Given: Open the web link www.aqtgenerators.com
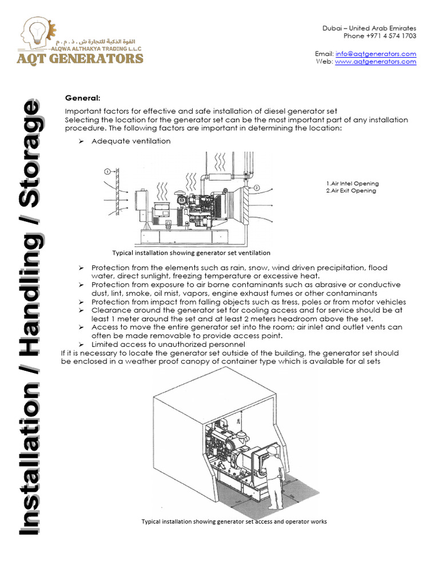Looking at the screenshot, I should (x=376, y=62).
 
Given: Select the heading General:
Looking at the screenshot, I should (x=82, y=98).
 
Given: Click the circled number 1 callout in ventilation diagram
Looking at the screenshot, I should (x=107, y=171).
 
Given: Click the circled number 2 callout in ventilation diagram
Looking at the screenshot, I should (x=257, y=187).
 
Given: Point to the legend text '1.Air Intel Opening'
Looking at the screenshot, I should (x=352, y=183).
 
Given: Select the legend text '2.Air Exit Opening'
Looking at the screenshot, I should (x=351, y=191).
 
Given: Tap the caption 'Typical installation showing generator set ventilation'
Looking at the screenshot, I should (x=191, y=253).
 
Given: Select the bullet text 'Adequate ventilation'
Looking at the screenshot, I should (x=131, y=141).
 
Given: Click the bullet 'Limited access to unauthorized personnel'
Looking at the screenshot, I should (x=160, y=344).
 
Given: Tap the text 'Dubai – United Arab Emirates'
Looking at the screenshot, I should (x=369, y=28).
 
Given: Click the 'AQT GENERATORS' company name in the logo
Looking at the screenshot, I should (x=82, y=58).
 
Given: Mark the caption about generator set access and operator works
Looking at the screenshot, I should (x=234, y=522).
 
